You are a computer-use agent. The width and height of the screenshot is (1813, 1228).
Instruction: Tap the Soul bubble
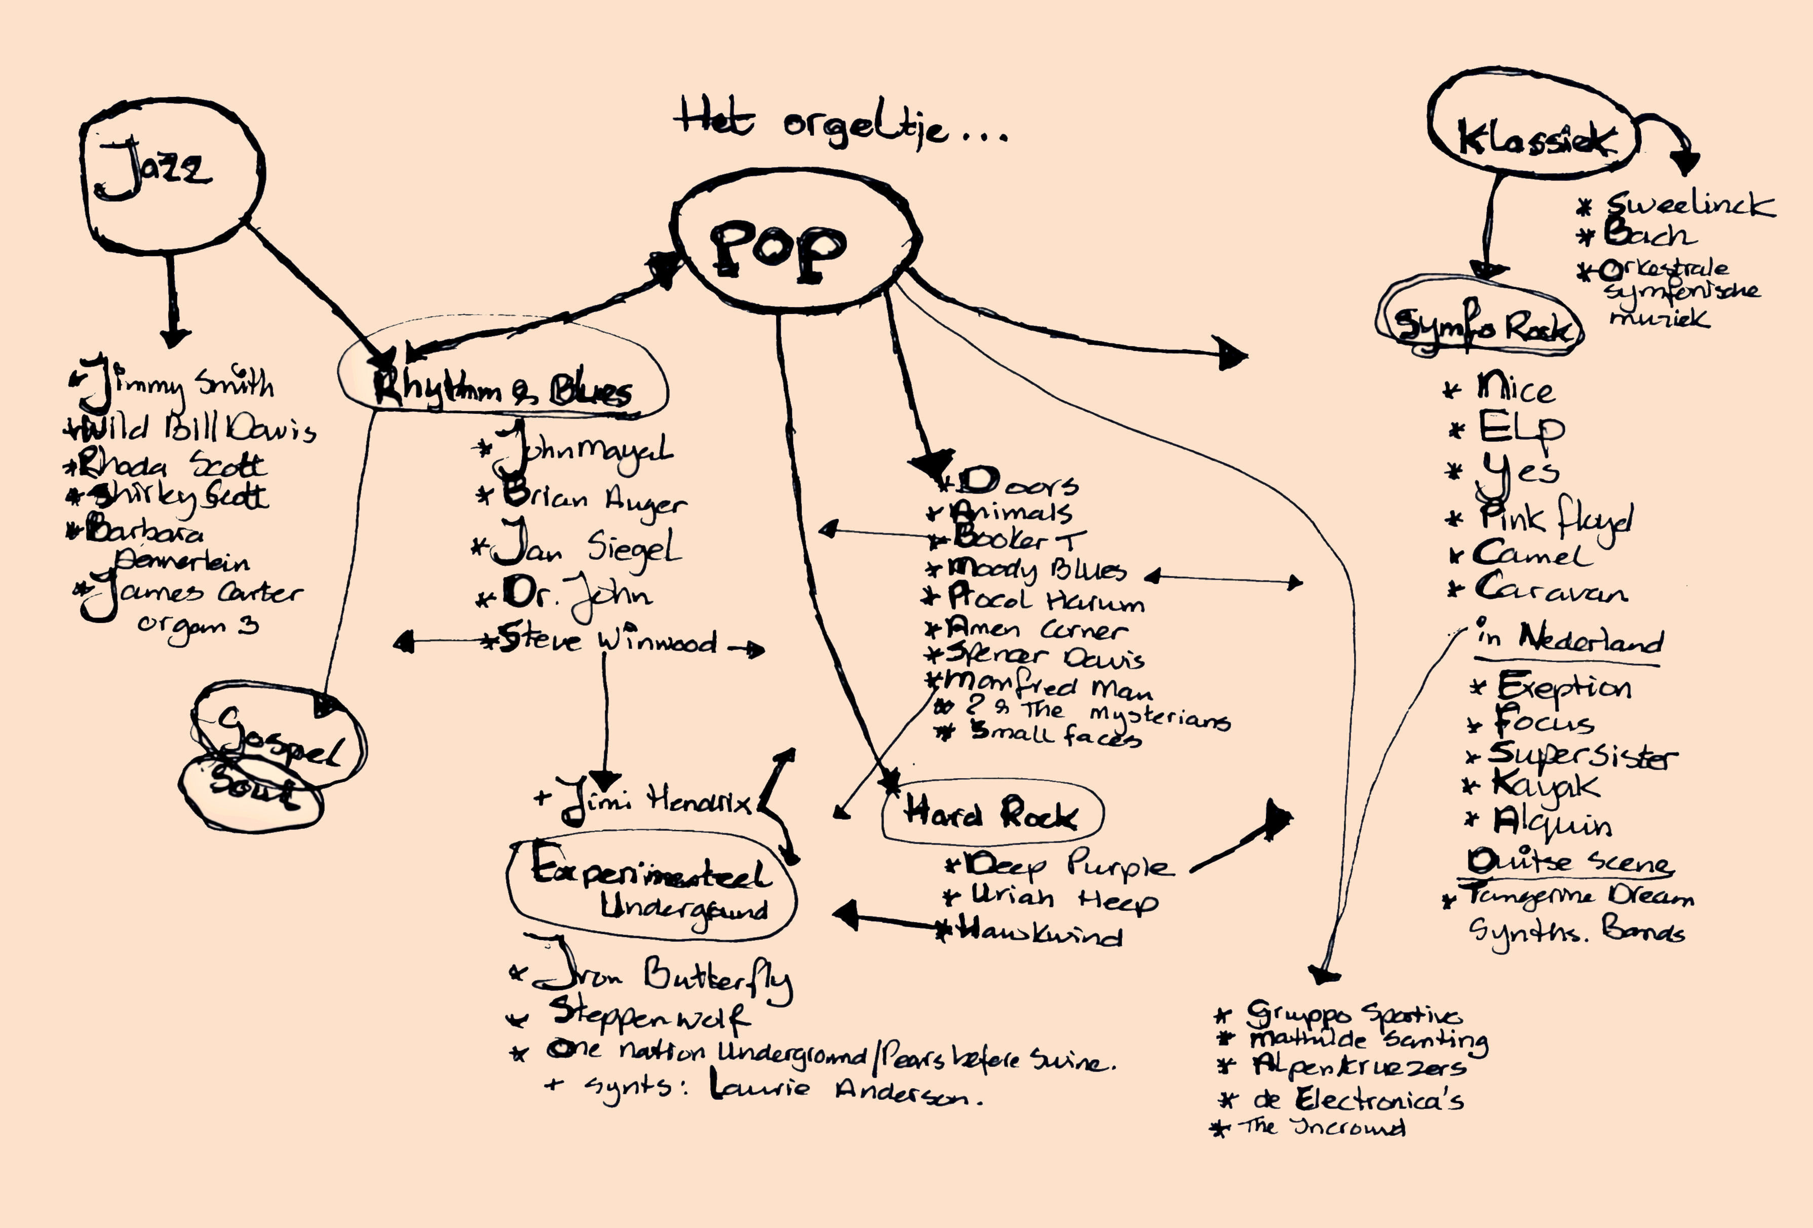coord(250,791)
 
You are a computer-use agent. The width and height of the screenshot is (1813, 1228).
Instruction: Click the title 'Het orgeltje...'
coord(839,125)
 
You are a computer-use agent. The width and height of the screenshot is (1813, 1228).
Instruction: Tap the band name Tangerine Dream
coord(1576,896)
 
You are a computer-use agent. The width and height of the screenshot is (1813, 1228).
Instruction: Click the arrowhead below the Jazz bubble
coord(173,337)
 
